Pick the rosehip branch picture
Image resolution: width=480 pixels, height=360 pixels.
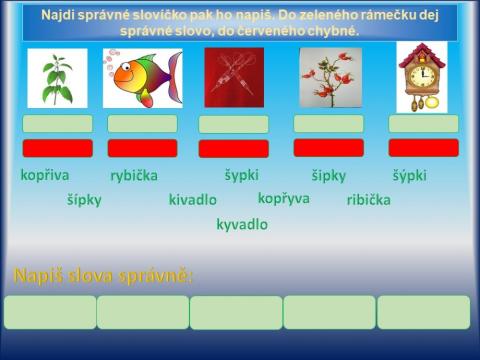tap(329, 78)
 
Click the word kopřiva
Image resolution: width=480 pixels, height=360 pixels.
tap(45, 174)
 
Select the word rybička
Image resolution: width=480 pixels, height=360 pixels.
tap(134, 176)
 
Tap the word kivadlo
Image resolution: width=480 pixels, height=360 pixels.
tap(192, 199)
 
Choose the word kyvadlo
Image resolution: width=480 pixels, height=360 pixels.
tap(242, 224)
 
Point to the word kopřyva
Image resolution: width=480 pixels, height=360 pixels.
tap(283, 198)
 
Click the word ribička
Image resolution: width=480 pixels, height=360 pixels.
tap(368, 199)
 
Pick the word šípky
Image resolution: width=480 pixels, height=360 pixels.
tap(84, 199)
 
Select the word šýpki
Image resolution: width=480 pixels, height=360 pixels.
tap(409, 175)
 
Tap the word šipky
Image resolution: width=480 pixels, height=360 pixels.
tap(328, 175)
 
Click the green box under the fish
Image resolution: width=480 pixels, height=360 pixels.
tap(142, 124)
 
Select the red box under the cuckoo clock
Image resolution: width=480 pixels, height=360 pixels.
tap(423, 148)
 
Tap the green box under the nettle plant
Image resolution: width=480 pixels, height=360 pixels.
tap(57, 124)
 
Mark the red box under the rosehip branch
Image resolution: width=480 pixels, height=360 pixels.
tap(328, 148)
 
